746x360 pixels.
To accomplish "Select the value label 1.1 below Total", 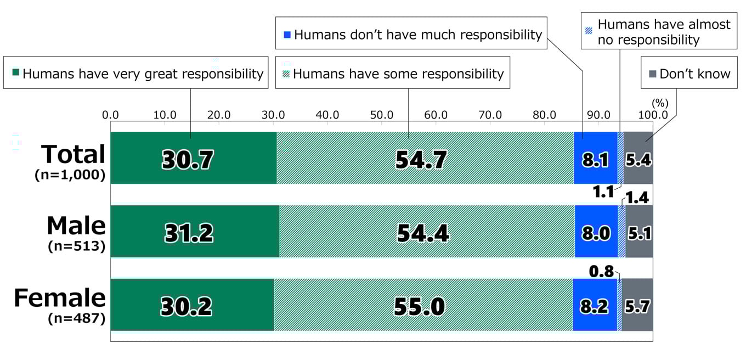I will point(604,192).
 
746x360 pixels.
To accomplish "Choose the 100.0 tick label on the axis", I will point(652,116).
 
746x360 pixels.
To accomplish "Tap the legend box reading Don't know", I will point(689,74).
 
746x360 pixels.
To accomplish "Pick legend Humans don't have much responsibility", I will point(411,35).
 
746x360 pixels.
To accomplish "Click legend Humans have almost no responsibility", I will point(658,32).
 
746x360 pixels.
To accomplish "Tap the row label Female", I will point(59,298).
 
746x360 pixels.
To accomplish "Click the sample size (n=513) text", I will point(76,245).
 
